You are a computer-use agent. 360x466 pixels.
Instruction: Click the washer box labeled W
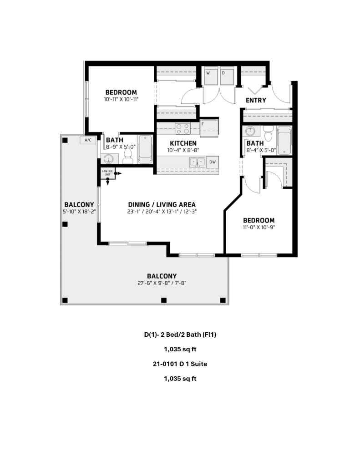[210, 77]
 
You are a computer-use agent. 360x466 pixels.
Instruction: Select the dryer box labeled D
[226, 77]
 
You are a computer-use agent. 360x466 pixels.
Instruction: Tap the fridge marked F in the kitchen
[209, 127]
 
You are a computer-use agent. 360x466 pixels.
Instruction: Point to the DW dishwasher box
[212, 162]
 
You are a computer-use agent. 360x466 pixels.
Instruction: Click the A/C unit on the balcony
[87, 140]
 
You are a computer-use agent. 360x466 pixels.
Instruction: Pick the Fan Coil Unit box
[107, 173]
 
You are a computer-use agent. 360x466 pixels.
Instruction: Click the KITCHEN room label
[177, 143]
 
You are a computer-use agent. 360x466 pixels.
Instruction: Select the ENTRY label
[255, 100]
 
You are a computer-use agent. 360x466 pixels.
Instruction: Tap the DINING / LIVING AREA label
[162, 204]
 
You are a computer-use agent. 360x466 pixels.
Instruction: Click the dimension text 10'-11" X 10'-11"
[121, 99]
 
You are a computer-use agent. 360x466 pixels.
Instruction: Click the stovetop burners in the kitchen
[183, 129]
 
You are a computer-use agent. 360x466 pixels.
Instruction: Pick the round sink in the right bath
[250, 131]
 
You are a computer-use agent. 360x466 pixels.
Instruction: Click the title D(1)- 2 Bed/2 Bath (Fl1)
[180, 334]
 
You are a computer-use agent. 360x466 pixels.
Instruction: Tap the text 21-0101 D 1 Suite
[180, 364]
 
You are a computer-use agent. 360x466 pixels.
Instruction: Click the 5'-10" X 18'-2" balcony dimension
[79, 211]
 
